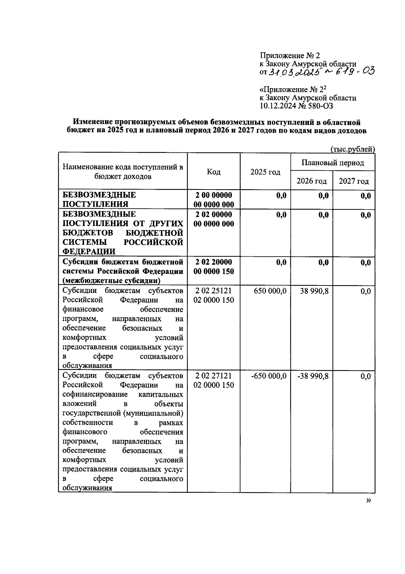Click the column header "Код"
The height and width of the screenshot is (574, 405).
tap(214, 172)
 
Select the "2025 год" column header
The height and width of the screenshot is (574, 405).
tap(265, 172)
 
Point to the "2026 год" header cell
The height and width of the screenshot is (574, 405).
tap(312, 181)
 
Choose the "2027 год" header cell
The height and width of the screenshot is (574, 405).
tap(354, 181)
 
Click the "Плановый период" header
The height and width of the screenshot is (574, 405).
tap(332, 163)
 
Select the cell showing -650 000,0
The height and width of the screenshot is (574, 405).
tap(269, 376)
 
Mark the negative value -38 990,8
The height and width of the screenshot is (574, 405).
tap(313, 376)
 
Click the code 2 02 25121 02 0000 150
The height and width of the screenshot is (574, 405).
tap(214, 295)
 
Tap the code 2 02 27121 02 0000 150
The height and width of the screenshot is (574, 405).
tap(214, 380)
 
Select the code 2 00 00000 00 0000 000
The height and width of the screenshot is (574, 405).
tap(214, 199)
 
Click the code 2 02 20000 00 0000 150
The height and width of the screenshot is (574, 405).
tap(214, 267)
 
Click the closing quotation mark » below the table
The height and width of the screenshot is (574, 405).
tap(368, 500)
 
